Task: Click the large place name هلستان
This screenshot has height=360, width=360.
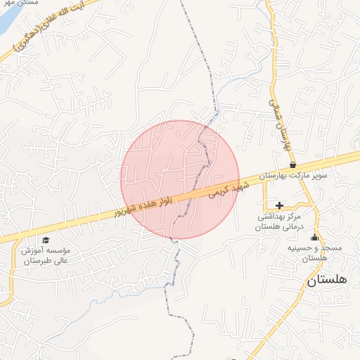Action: point(327,279)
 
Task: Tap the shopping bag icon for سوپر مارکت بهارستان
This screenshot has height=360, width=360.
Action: point(292,165)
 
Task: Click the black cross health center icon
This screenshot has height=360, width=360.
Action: point(280,205)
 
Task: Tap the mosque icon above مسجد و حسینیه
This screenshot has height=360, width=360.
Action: point(314,237)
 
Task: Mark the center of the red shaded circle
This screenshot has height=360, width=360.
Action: point(180,179)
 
